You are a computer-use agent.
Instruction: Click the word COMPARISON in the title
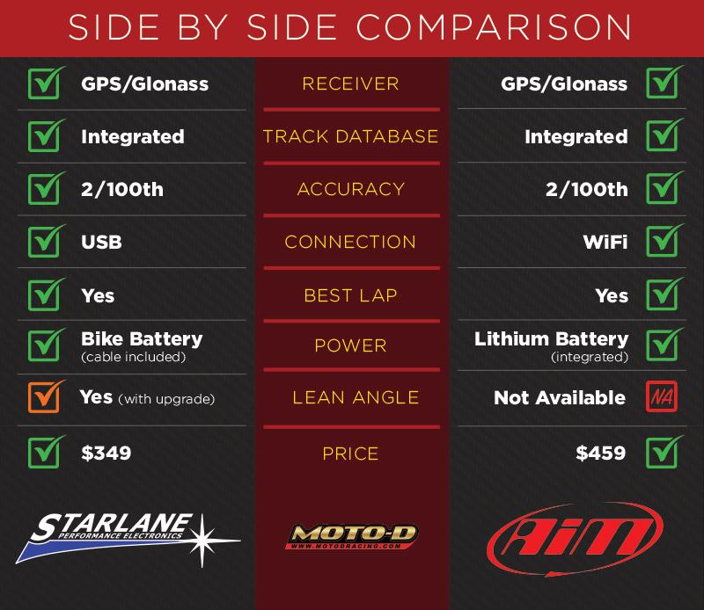[495, 27]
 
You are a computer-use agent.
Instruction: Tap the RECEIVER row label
[350, 84]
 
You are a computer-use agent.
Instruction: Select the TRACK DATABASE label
[350, 136]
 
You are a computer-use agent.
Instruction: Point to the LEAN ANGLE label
[356, 397]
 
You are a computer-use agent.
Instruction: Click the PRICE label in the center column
[350, 454]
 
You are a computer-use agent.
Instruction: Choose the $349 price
[106, 453]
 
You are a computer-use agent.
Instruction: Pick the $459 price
[601, 453]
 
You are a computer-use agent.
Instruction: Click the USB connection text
[101, 243]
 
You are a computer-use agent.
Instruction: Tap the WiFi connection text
[605, 243]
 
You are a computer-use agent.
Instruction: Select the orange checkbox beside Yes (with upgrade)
[46, 396]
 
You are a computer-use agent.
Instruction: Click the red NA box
[662, 396]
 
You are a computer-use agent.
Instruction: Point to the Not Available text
[560, 397]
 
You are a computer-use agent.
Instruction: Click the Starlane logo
[128, 538]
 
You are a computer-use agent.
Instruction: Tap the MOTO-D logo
[351, 536]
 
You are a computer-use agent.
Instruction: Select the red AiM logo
[575, 538]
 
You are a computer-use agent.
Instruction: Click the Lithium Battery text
[552, 339]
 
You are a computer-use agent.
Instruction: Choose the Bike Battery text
[142, 339]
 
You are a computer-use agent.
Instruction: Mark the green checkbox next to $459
[664, 452]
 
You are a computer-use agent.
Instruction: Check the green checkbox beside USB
[46, 241]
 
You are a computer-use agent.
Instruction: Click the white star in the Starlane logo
[203, 541]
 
